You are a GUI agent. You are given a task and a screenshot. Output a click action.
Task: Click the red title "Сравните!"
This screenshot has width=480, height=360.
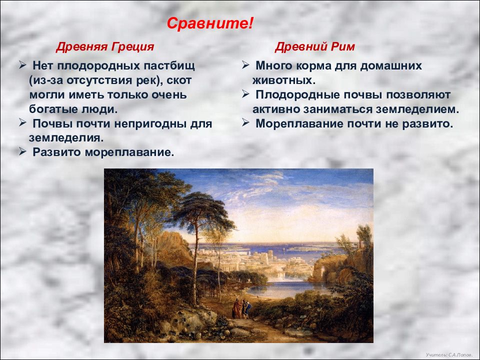click(x=210, y=23)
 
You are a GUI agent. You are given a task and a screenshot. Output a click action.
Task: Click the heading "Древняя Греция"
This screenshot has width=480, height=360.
click(x=104, y=47)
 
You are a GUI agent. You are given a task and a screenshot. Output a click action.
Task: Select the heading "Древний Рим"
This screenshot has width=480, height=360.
click(x=314, y=47)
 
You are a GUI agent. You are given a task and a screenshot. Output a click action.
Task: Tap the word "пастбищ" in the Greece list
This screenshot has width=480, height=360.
click(x=168, y=66)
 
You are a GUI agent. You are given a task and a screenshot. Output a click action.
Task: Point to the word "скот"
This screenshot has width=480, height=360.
click(x=179, y=80)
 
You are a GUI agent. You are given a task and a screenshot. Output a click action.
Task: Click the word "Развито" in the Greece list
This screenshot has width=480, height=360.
click(x=57, y=152)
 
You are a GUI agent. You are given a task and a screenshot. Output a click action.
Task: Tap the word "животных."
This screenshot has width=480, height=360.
click(x=284, y=80)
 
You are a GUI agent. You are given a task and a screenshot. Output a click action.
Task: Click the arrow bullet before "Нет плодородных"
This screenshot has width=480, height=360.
click(x=22, y=65)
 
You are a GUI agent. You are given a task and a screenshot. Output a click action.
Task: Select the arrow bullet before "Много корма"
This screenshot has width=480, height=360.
click(x=245, y=65)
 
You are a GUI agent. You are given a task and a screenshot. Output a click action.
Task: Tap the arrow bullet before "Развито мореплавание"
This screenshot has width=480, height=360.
click(x=22, y=151)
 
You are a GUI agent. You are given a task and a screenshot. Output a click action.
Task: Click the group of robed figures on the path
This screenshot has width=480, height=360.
click(x=241, y=308)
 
